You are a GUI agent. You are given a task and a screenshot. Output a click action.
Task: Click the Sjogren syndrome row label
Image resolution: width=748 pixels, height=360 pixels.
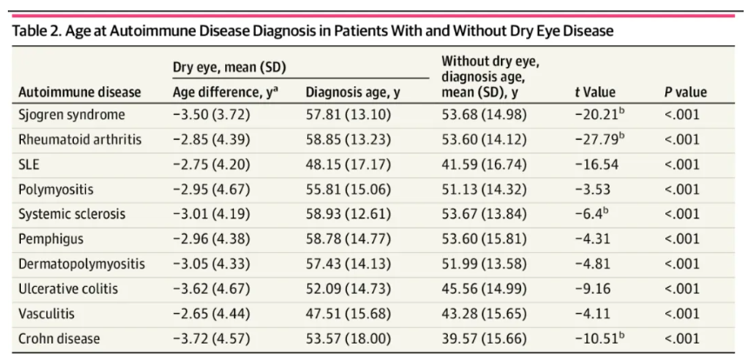pos(71,114)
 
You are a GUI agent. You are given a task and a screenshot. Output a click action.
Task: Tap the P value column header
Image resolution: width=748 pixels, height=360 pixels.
pos(685,91)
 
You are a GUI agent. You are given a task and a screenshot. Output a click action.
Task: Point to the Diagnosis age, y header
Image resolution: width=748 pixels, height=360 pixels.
pos(353,91)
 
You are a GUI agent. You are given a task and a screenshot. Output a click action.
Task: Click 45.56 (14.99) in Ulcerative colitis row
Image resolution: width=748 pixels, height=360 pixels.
pos(484,288)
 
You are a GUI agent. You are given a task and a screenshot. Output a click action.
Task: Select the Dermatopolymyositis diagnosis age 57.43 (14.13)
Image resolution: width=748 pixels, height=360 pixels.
pos(347,263)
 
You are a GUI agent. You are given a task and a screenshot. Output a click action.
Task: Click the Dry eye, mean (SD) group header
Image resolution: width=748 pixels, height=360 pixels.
pos(230,66)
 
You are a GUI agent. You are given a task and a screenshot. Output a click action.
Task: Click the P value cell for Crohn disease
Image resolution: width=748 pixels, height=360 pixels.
pos(681,337)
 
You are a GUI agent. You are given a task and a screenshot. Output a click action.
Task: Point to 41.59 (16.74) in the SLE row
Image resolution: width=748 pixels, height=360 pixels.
pos(484,163)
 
